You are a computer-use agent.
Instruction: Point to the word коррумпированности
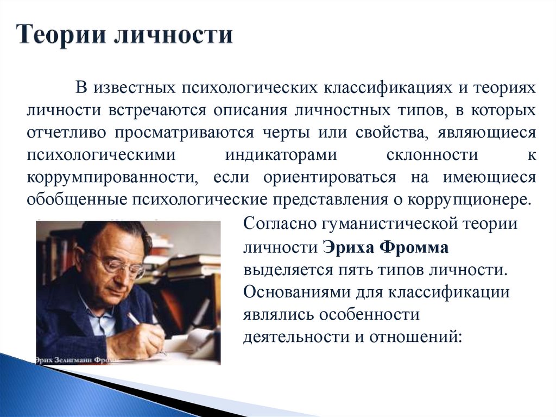(109, 177)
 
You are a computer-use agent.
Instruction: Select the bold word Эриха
(348, 247)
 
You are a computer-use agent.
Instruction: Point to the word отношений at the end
(415, 337)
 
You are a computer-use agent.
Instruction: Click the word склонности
(433, 154)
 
